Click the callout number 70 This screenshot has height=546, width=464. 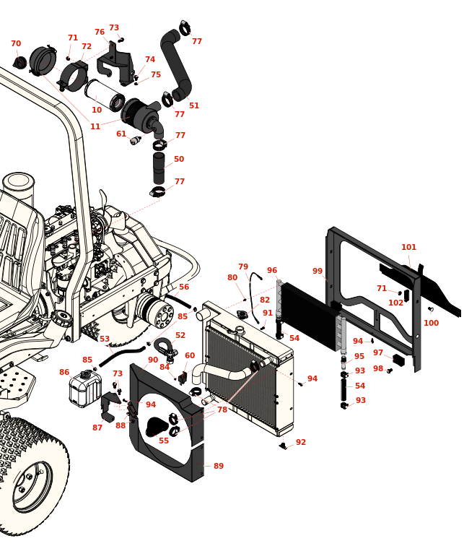(16, 44)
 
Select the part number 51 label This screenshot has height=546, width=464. (194, 105)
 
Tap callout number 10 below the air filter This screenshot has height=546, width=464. (97, 110)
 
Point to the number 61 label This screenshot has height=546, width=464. (121, 134)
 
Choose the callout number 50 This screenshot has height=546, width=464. (179, 160)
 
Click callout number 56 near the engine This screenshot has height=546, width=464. (184, 287)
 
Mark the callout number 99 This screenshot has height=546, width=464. (318, 272)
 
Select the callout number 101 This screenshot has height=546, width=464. (409, 248)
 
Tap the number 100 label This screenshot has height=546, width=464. (431, 324)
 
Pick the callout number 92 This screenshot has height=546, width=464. (301, 443)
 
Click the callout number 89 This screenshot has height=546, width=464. (219, 467)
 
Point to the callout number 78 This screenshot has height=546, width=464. (222, 410)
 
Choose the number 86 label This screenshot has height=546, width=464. (64, 373)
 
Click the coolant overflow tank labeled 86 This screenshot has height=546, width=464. (84, 390)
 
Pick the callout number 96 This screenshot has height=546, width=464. (272, 271)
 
